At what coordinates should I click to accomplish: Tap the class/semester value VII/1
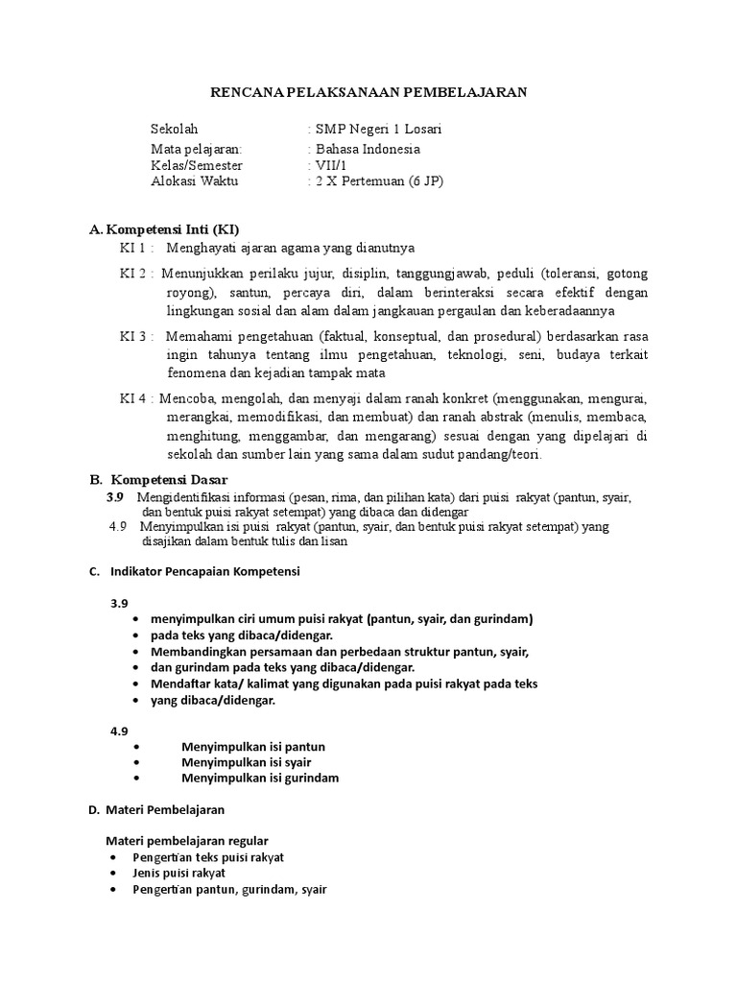pos(331,165)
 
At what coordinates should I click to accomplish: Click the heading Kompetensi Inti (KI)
pos(171,229)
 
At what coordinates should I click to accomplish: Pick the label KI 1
pos(136,248)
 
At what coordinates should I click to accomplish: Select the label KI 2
pos(136,274)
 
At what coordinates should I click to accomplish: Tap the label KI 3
pos(136,336)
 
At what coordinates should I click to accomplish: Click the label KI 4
pos(136,397)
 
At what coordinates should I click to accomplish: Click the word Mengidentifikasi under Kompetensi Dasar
pos(183,497)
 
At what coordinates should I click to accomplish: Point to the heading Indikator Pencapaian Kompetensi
pos(205,572)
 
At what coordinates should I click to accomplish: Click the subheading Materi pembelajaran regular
pos(187,841)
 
